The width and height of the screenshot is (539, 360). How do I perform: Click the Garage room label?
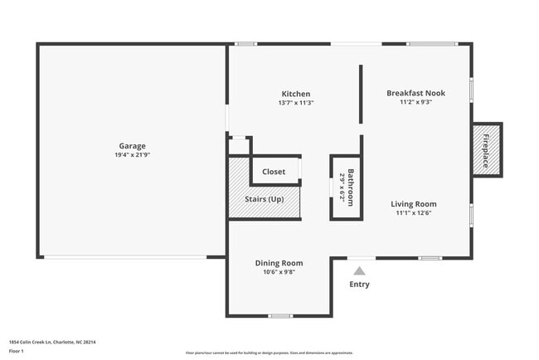132,145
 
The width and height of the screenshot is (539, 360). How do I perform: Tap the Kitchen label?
295,94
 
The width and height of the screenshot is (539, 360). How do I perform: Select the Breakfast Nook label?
415,93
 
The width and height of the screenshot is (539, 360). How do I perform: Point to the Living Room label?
414,204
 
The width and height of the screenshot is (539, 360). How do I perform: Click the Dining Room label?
279,263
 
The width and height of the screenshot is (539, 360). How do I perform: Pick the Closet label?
274,172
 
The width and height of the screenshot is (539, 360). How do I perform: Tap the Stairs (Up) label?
265,199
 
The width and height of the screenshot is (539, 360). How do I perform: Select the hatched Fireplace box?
487,149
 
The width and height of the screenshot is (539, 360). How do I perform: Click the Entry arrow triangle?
359,270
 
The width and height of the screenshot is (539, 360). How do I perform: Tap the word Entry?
359,285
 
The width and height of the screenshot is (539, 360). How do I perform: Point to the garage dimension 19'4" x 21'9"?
132,155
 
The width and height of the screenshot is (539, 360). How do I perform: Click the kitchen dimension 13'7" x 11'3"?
295,103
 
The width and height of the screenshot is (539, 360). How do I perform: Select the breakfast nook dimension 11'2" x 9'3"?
415,102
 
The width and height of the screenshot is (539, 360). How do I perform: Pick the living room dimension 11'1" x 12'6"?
414,213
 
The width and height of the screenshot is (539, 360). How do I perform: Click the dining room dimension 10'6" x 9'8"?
279,272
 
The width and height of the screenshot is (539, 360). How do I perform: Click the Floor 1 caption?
17,351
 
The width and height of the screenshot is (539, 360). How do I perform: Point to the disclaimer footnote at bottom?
269,353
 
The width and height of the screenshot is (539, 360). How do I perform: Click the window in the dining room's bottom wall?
280,315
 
